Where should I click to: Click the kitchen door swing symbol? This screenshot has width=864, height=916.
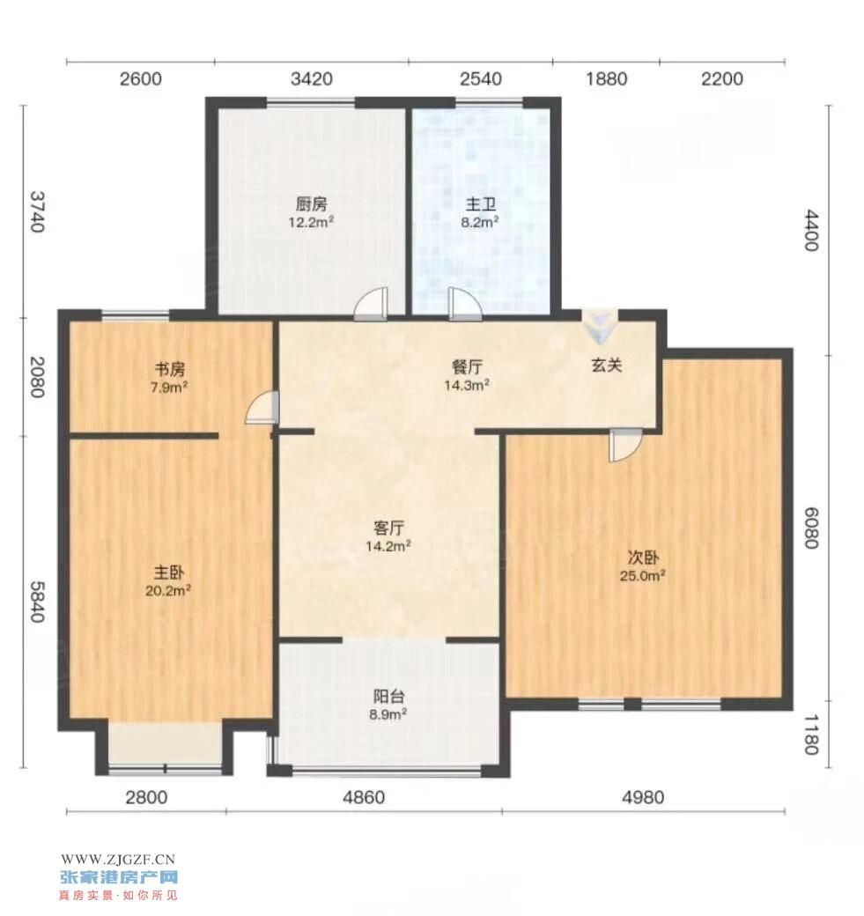pyautogui.click(x=372, y=304)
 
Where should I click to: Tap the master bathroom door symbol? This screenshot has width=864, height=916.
pyautogui.click(x=465, y=304)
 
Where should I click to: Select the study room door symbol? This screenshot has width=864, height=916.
pyautogui.click(x=262, y=407)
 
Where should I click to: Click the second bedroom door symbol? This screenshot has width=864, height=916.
pyautogui.click(x=625, y=445)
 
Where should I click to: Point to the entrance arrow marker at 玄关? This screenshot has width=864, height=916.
pyautogui.click(x=600, y=326)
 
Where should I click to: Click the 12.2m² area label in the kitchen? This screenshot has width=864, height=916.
pyautogui.click(x=311, y=222)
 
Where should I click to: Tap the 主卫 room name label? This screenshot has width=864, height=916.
pyautogui.click(x=480, y=203)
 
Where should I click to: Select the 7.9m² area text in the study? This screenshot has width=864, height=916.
pyautogui.click(x=169, y=387)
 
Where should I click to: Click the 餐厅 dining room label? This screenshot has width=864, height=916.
pyautogui.click(x=467, y=367)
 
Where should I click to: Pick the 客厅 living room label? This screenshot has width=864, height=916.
pyautogui.click(x=388, y=528)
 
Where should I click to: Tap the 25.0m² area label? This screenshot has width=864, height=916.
pyautogui.click(x=643, y=575)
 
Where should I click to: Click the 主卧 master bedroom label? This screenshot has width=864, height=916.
pyautogui.click(x=169, y=572)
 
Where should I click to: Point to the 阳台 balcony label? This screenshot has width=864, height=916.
pyautogui.click(x=388, y=697)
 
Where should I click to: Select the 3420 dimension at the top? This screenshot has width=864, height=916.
pyautogui.click(x=312, y=79)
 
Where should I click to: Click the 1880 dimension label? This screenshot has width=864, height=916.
pyautogui.click(x=606, y=79)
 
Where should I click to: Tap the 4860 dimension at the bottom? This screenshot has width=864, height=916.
pyautogui.click(x=364, y=797)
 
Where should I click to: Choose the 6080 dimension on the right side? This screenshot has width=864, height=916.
pyautogui.click(x=811, y=528)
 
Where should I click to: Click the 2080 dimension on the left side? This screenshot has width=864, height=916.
pyautogui.click(x=37, y=377)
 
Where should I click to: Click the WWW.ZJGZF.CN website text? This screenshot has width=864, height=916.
pyautogui.click(x=118, y=860)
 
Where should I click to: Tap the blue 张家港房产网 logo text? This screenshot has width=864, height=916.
pyautogui.click(x=119, y=877)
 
